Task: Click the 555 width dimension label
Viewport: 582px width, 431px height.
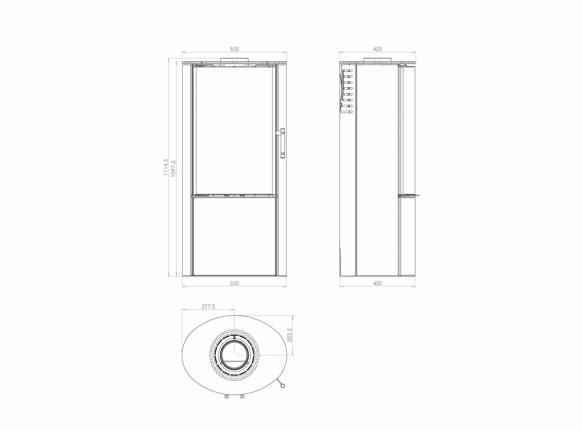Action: (x=234, y=49)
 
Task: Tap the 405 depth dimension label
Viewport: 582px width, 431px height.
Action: (x=377, y=49)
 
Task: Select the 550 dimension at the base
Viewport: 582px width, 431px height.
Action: (x=234, y=283)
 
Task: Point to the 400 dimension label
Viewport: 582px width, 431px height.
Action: (x=377, y=283)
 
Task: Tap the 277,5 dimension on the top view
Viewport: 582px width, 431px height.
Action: (x=208, y=306)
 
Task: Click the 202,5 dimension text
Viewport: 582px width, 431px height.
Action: (x=289, y=335)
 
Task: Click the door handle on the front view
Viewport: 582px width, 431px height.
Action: (x=282, y=143)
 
